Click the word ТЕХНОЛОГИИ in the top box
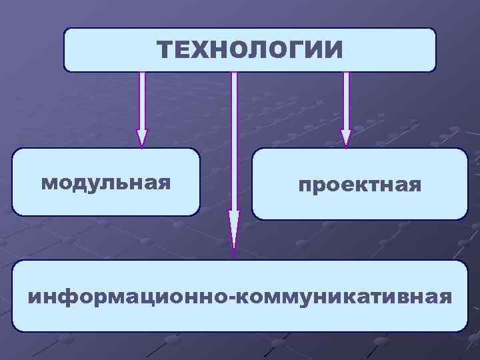point(250,49)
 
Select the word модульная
point(105,182)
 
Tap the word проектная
point(359,185)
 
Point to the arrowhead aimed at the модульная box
point(142,137)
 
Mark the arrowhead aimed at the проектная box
point(346,137)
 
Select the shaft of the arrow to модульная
point(142,100)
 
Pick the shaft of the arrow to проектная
point(346,100)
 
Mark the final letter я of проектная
point(415,185)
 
